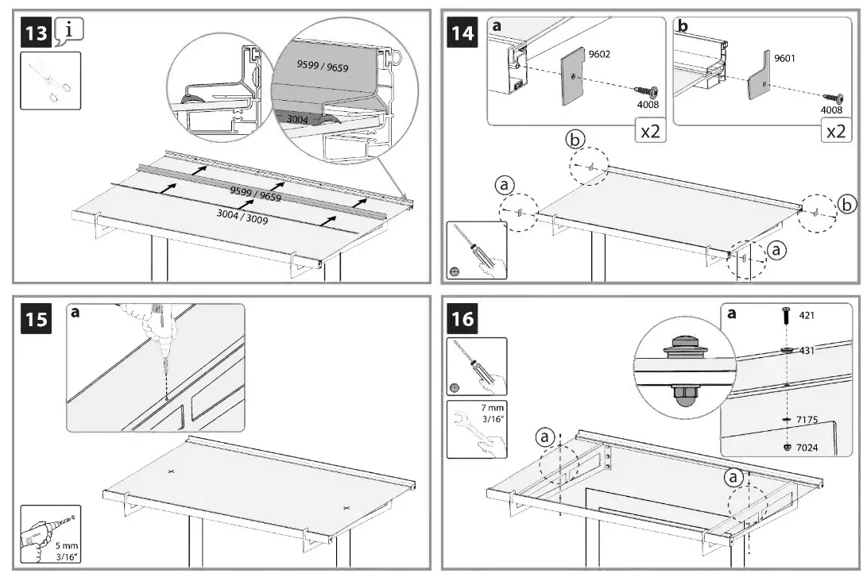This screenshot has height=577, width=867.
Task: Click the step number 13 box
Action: pos(35,35)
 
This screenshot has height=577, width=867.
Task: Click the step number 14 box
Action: pos(463,34)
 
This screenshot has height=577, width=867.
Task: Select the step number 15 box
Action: pos(35,320)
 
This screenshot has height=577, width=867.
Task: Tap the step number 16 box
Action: pos(463,319)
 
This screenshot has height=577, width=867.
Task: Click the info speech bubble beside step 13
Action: pos(69,31)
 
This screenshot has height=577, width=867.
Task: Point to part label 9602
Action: pos(599,55)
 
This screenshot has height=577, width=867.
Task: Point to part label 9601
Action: pos(784,58)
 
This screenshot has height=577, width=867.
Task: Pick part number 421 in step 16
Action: pos(807,315)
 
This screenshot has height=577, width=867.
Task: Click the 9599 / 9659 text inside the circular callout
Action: pos(323,65)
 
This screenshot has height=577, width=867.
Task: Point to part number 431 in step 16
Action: pos(807,350)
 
